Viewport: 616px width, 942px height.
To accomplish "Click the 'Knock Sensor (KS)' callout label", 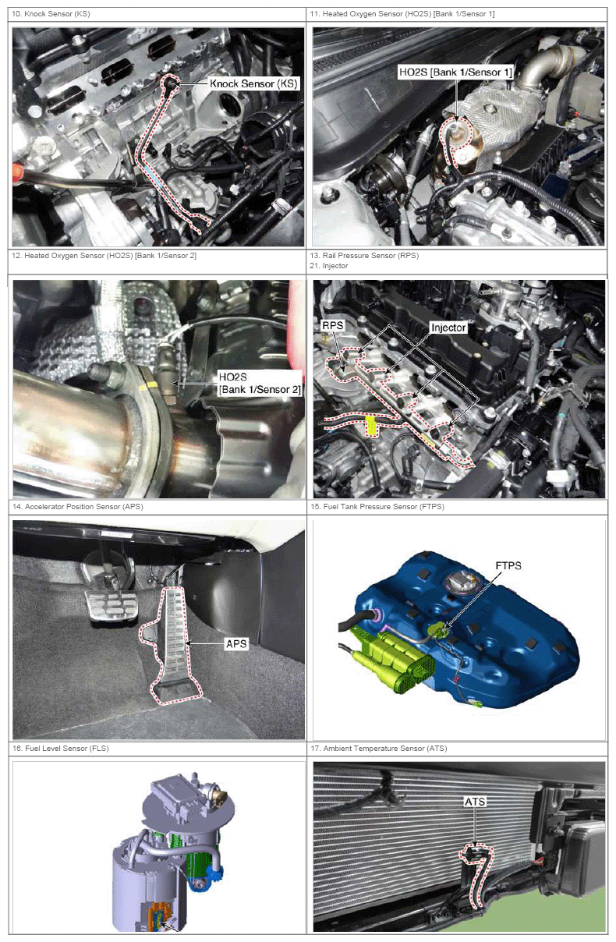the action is point(253,83).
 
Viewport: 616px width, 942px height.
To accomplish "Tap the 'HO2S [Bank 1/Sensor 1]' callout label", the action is point(455,73).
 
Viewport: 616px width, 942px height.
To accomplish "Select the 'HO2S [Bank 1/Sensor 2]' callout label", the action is point(260,383).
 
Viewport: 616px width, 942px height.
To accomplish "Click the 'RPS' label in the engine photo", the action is point(333,325).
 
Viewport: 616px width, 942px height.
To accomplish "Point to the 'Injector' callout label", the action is point(448,328).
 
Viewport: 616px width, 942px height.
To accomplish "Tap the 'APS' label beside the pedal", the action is point(236,644).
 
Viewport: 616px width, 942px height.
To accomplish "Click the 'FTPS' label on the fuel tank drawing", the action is point(508,565).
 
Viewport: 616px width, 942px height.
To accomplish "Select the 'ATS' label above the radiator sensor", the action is point(475,802).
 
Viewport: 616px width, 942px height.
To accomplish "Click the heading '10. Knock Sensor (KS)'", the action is point(51,14).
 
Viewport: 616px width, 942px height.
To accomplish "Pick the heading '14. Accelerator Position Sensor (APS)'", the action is point(78,507).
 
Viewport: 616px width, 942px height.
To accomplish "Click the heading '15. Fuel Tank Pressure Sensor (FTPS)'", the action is point(377,507).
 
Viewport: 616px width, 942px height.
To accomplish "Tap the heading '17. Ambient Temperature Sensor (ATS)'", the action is point(379,749).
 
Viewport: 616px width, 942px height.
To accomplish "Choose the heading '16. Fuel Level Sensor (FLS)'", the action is point(61,749).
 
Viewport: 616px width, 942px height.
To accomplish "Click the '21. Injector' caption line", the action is point(329,266).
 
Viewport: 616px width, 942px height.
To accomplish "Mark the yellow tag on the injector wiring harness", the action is point(371,425).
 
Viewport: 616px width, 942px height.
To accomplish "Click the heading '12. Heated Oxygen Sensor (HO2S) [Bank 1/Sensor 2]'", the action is point(104,256).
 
